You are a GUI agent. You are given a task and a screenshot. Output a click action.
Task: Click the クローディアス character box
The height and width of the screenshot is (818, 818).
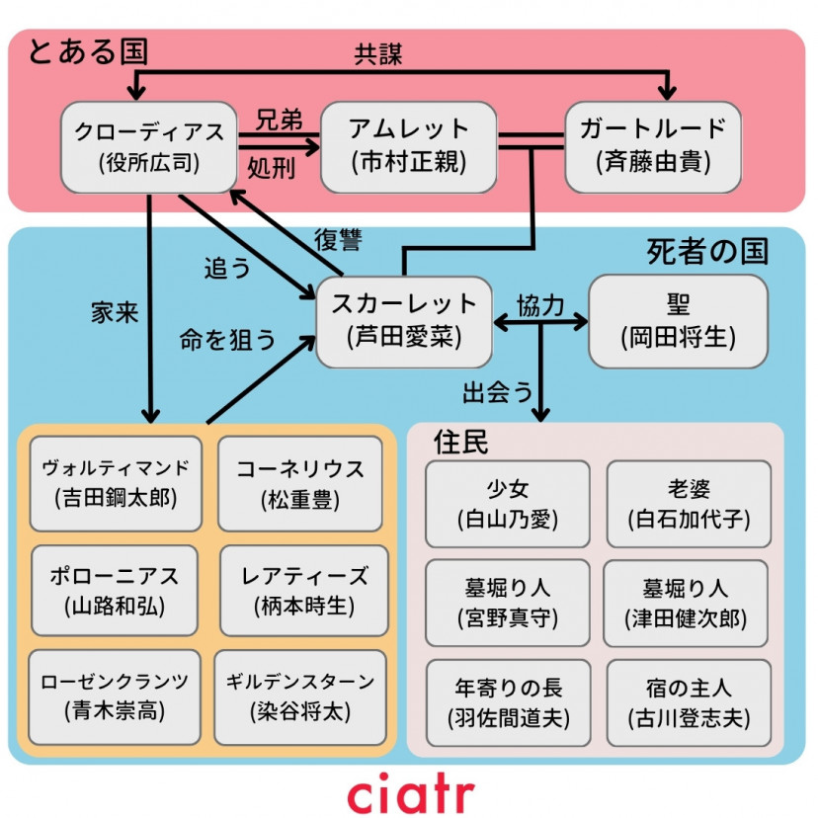point(149,146)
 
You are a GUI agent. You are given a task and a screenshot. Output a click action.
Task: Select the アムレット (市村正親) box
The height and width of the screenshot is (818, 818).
point(408,146)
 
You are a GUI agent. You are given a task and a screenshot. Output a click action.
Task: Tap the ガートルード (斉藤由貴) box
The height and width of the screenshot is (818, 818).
point(652,146)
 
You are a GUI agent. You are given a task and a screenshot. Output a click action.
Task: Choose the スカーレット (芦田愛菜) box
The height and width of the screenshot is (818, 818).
point(404,321)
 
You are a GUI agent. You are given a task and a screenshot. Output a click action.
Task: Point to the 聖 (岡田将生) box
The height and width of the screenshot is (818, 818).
point(678,321)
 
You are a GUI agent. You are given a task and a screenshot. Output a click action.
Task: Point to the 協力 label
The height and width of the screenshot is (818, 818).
point(540,305)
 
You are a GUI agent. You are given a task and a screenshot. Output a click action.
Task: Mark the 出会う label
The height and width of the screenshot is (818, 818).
point(498,392)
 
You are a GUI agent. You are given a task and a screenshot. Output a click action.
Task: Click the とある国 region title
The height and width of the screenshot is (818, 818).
point(87,50)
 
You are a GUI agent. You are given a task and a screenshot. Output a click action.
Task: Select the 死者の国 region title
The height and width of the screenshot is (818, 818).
point(707,251)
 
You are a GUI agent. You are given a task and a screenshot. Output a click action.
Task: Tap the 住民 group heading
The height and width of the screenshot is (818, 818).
point(461,442)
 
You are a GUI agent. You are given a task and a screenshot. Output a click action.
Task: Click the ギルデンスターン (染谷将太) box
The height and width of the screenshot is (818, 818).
point(300,696)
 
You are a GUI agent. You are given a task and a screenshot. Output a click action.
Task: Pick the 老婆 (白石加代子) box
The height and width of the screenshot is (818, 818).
point(689,503)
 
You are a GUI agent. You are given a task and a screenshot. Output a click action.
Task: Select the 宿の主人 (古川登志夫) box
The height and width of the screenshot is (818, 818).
point(689,702)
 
